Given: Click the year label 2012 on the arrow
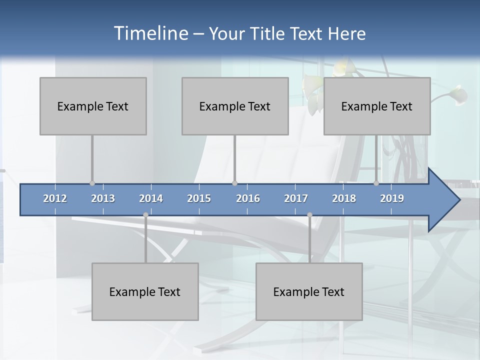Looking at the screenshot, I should click(x=55, y=198).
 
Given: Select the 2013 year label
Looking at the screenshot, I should click(x=103, y=198).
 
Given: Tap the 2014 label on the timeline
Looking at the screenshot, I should click(x=151, y=198).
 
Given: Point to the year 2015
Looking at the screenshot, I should click(x=199, y=198).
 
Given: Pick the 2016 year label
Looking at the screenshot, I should click(x=248, y=198).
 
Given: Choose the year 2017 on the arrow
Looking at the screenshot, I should click(x=296, y=198).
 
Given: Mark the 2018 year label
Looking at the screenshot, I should click(x=344, y=198).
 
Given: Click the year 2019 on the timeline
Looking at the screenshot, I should click(x=392, y=198).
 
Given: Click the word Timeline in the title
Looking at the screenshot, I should click(x=150, y=33).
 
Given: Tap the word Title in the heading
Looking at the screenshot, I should click(x=269, y=33).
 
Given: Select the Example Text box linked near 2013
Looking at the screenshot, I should click(x=93, y=106).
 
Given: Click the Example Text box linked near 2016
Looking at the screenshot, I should click(x=235, y=106).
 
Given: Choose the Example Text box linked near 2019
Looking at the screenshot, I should click(x=377, y=106).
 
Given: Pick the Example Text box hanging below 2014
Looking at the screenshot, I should click(x=145, y=291).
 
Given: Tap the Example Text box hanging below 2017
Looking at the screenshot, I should click(x=309, y=291).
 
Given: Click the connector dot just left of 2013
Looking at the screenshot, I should click(x=92, y=183).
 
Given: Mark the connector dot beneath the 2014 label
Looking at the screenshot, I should click(x=145, y=215).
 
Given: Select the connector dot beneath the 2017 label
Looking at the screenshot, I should click(x=309, y=215).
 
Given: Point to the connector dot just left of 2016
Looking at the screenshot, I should click(x=234, y=183).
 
